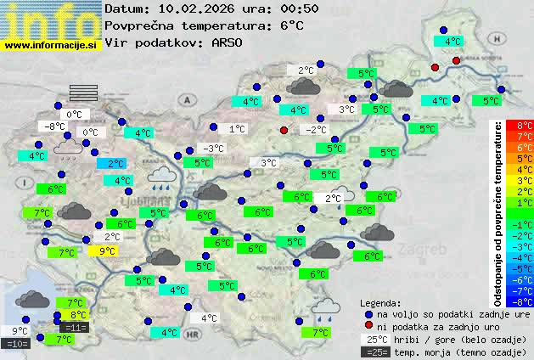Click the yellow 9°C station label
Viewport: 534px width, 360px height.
tap(108, 250)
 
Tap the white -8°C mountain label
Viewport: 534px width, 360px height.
tap(55, 127)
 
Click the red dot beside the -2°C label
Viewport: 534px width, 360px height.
tap(284, 130)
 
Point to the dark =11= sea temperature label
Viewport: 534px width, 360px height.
tap(75, 327)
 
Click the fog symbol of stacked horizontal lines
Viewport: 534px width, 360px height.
tap(83, 93)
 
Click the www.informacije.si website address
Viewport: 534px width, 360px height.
tap(51, 44)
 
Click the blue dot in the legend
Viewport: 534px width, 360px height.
tap(368, 313)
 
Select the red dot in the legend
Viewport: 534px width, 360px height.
tap(368, 326)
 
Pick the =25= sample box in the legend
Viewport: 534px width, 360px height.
tap(374, 352)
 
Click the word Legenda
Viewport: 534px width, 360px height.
tap(380, 302)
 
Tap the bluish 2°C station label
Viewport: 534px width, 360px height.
tap(116, 163)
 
